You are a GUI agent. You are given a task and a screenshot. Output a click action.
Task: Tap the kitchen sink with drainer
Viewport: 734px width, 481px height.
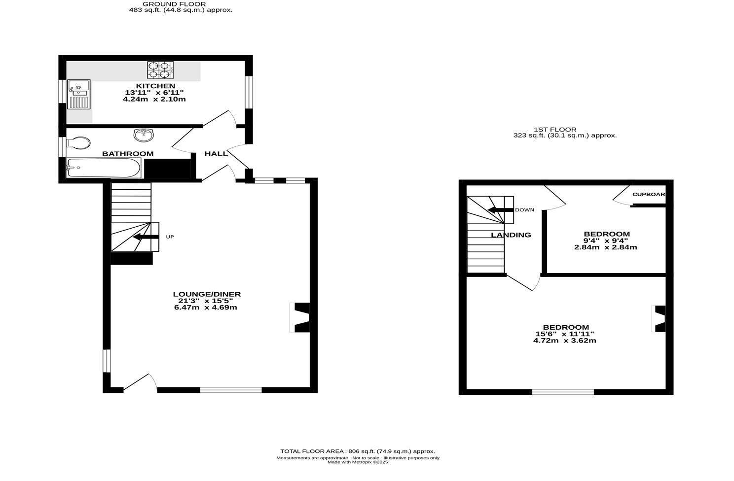coord(79,94)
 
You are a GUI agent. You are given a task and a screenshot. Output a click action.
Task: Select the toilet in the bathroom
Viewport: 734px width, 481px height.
coord(78,143)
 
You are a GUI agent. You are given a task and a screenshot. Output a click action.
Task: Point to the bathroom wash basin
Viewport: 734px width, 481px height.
coord(143,134)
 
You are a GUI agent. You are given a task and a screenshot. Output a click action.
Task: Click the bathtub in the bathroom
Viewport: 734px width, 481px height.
coord(104,168)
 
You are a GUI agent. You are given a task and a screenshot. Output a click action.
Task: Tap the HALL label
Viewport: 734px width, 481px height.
coord(216,154)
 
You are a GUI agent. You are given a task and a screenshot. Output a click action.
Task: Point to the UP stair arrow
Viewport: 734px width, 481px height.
coord(146,237)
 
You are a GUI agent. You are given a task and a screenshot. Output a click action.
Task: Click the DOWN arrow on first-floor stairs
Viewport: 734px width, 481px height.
coord(501,210)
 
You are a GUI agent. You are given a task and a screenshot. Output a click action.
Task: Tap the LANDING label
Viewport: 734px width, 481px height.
coord(511,235)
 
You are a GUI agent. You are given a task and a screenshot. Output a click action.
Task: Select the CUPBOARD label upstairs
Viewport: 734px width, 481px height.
coord(648,194)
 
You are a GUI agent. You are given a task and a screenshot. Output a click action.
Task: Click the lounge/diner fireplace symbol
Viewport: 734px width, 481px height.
coord(301,318)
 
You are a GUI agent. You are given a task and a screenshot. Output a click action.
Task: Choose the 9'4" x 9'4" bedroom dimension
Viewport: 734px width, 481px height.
coord(606,240)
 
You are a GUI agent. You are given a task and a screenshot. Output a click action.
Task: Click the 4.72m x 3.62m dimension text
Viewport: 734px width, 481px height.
coord(565,341)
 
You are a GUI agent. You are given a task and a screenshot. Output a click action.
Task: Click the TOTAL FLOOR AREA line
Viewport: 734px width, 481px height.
coord(358,451)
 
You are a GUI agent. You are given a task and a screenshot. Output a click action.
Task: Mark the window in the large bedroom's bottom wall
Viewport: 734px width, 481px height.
coord(563,392)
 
